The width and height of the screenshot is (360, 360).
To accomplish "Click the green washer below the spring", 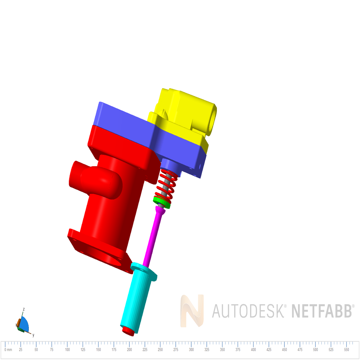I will [x=162, y=202].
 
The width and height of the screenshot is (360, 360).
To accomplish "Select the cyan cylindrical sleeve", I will [x=135, y=302].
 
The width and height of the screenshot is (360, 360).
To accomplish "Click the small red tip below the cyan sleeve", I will [x=127, y=330].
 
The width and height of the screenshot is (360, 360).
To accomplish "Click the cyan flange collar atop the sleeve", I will [x=144, y=271].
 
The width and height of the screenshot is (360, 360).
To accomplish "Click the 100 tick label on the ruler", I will [x=67, y=350].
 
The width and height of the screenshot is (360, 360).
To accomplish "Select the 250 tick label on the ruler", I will [x=160, y=350].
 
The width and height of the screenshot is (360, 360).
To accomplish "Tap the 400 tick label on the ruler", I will [x=253, y=350].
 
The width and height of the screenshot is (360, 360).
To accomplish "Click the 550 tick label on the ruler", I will [x=347, y=350].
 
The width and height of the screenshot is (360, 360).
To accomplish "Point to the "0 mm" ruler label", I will [x=8, y=350].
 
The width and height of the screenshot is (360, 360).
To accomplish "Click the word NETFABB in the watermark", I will [x=322, y=311].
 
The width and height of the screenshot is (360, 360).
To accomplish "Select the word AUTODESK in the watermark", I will [x=248, y=311].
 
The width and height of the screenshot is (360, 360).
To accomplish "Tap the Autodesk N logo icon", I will [x=192, y=311].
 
